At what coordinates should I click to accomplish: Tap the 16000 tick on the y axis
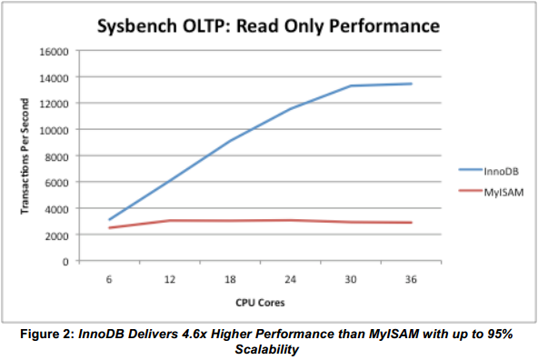[57, 51]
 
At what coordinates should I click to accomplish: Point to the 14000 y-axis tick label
[57, 77]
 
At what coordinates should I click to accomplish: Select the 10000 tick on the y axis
[57, 130]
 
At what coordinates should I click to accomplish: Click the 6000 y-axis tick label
[59, 183]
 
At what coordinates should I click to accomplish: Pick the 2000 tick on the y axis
[59, 235]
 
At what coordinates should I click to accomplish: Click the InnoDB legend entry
[496, 169]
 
